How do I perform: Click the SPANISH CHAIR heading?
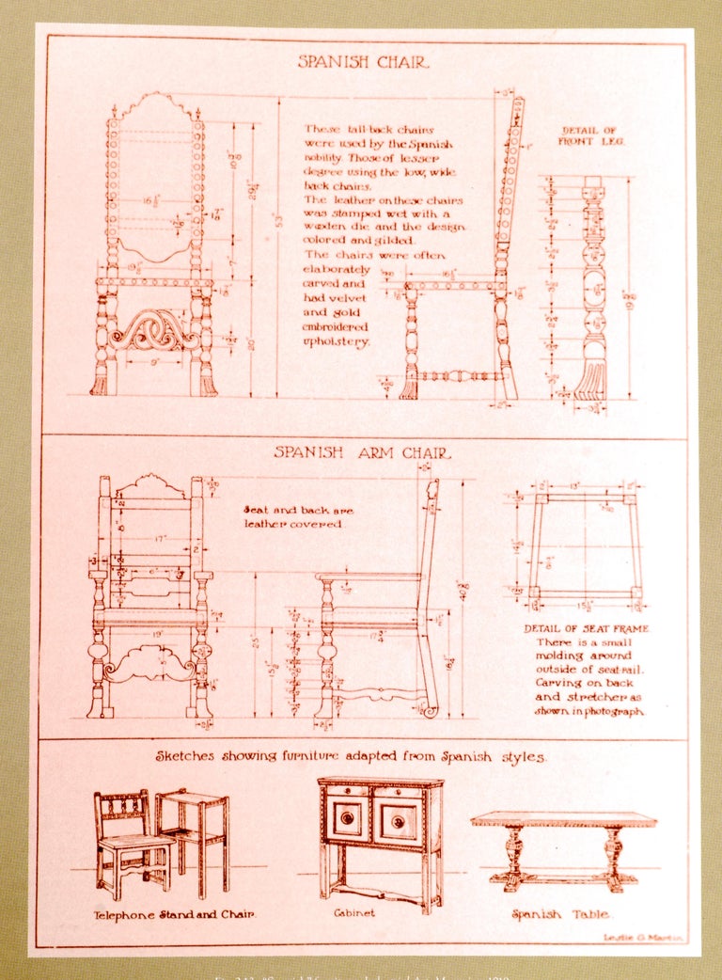(363, 62)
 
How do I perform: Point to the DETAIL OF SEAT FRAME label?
(587, 628)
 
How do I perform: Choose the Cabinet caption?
(354, 912)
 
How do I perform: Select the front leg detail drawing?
(592, 287)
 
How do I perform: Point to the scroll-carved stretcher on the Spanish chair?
(154, 330)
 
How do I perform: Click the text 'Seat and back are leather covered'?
(298, 516)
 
